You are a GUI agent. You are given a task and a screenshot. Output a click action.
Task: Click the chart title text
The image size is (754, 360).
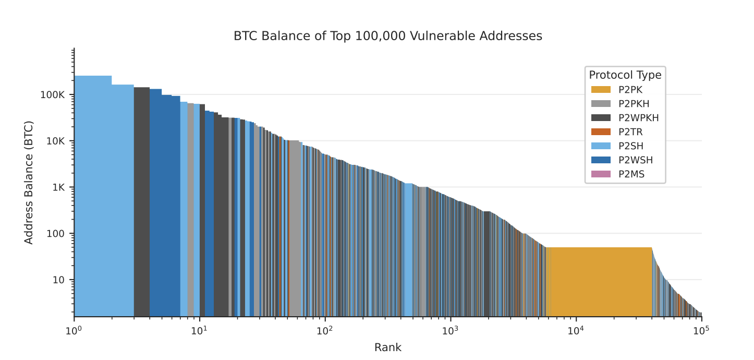click(387, 36)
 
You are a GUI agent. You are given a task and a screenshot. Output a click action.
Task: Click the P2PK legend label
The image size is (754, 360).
click(630, 90)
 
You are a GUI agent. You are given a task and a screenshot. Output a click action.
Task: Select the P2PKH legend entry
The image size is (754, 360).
click(634, 104)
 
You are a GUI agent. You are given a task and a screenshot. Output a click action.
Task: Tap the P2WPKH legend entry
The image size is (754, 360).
click(638, 118)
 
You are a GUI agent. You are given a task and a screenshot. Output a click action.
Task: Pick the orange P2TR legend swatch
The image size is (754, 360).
click(601, 132)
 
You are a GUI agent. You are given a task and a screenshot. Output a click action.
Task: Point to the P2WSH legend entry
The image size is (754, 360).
click(635, 160)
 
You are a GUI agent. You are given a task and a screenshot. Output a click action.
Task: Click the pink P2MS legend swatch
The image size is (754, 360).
click(601, 174)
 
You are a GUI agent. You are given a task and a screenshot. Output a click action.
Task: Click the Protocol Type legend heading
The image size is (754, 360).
click(625, 75)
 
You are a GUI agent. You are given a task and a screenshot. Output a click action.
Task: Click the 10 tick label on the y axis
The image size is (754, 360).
click(59, 280)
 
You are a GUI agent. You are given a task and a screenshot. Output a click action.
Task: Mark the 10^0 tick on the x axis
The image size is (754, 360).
click(74, 330)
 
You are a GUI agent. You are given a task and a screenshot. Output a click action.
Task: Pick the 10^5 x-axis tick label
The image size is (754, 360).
click(701, 330)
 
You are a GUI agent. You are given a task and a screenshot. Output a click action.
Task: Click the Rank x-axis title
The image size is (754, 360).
click(387, 347)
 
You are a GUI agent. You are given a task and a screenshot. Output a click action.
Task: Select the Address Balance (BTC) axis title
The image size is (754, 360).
click(29, 183)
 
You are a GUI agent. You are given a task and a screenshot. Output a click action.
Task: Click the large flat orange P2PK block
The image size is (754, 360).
click(600, 282)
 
